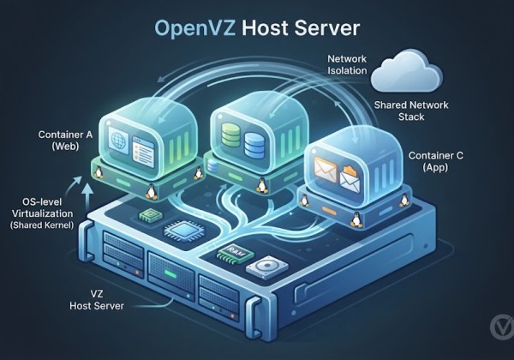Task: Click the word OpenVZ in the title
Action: (194, 28)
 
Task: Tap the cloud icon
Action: (406, 70)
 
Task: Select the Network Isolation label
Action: (347, 64)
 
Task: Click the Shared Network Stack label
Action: (411, 111)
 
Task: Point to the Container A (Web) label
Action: (65, 140)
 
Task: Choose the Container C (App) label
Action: (436, 161)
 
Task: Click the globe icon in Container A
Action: (118, 140)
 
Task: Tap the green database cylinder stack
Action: (231, 135)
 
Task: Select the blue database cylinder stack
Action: (254, 144)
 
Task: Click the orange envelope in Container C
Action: (326, 169)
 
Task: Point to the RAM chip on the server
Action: (236, 253)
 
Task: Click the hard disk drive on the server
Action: (267, 267)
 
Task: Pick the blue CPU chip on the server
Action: (182, 231)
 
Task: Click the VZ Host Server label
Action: (97, 300)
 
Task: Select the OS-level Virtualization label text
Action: (43, 213)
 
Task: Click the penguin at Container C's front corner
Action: (355, 219)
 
